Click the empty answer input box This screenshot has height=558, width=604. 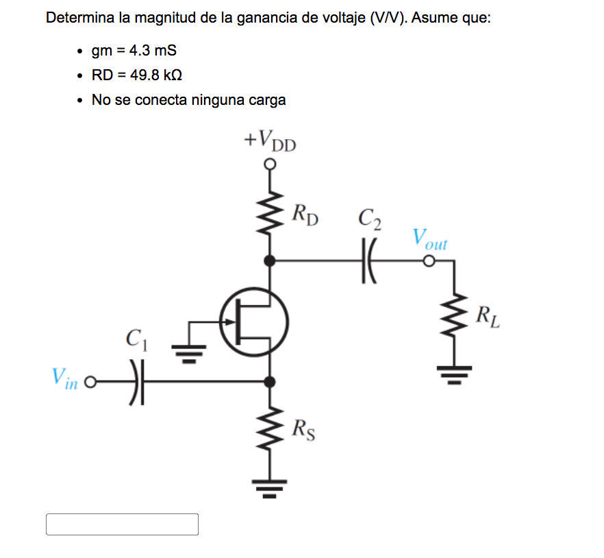pos(122,524)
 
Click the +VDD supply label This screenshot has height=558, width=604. pos(270,141)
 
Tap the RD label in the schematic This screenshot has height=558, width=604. pos(305,214)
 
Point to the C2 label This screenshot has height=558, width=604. pos(370,219)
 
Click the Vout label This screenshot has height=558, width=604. pos(430,240)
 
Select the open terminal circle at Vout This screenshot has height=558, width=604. pos(429,261)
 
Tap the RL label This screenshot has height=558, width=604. pos(488,317)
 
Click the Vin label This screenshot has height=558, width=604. pos(66,379)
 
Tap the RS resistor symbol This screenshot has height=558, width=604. pos(271,428)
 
